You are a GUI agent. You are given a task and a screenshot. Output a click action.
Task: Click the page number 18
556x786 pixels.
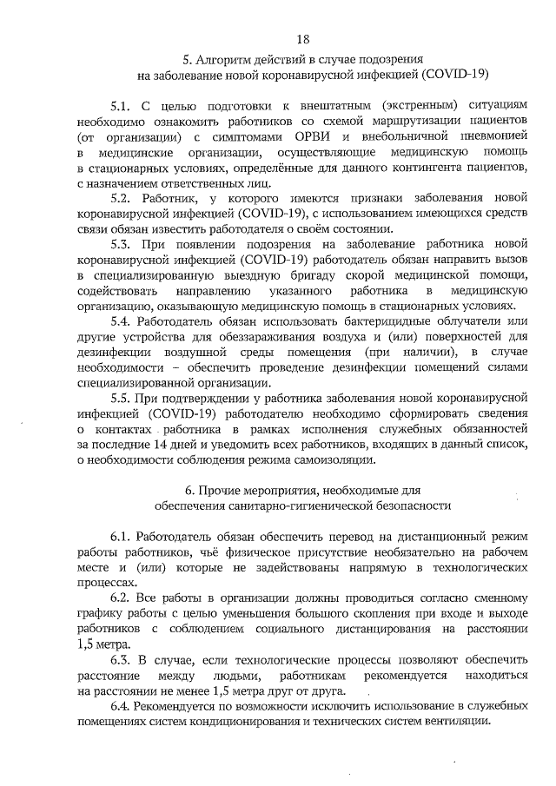pos(303,39)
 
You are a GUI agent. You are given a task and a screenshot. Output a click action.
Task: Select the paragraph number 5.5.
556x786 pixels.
pos(122,398)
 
